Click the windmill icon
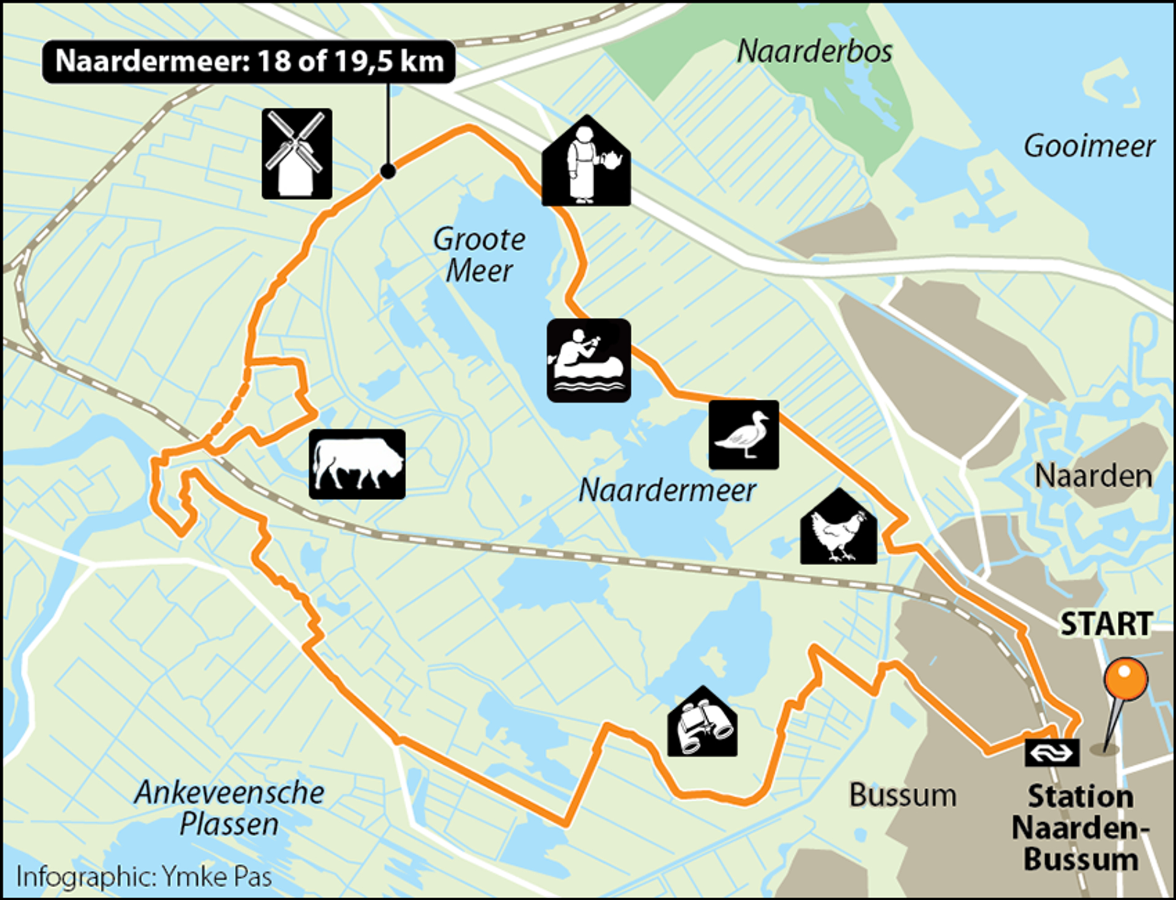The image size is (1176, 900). pos(297,154)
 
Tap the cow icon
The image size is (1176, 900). pos(357,464)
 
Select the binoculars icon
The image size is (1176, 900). pos(703,723)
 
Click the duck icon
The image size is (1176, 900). pos(744,435)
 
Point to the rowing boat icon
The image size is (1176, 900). pos(589,361)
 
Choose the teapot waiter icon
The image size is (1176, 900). pos(586,162)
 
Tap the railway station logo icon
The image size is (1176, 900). pos(1052,752)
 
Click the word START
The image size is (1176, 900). pos(1106,624)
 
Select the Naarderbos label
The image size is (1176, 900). pos(815,51)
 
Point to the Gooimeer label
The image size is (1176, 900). pos(1090,146)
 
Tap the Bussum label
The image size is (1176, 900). pos(902,795)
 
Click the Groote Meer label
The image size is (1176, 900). pos(479,255)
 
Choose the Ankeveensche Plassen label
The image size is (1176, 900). pos(229,808)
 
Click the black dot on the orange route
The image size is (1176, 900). pos(388,171)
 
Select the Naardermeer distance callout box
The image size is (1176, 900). pos(249,61)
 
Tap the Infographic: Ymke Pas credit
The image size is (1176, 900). pos(144,877)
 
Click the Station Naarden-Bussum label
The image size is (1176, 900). pos(1080,827)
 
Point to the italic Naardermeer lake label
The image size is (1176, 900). pos(667,490)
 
